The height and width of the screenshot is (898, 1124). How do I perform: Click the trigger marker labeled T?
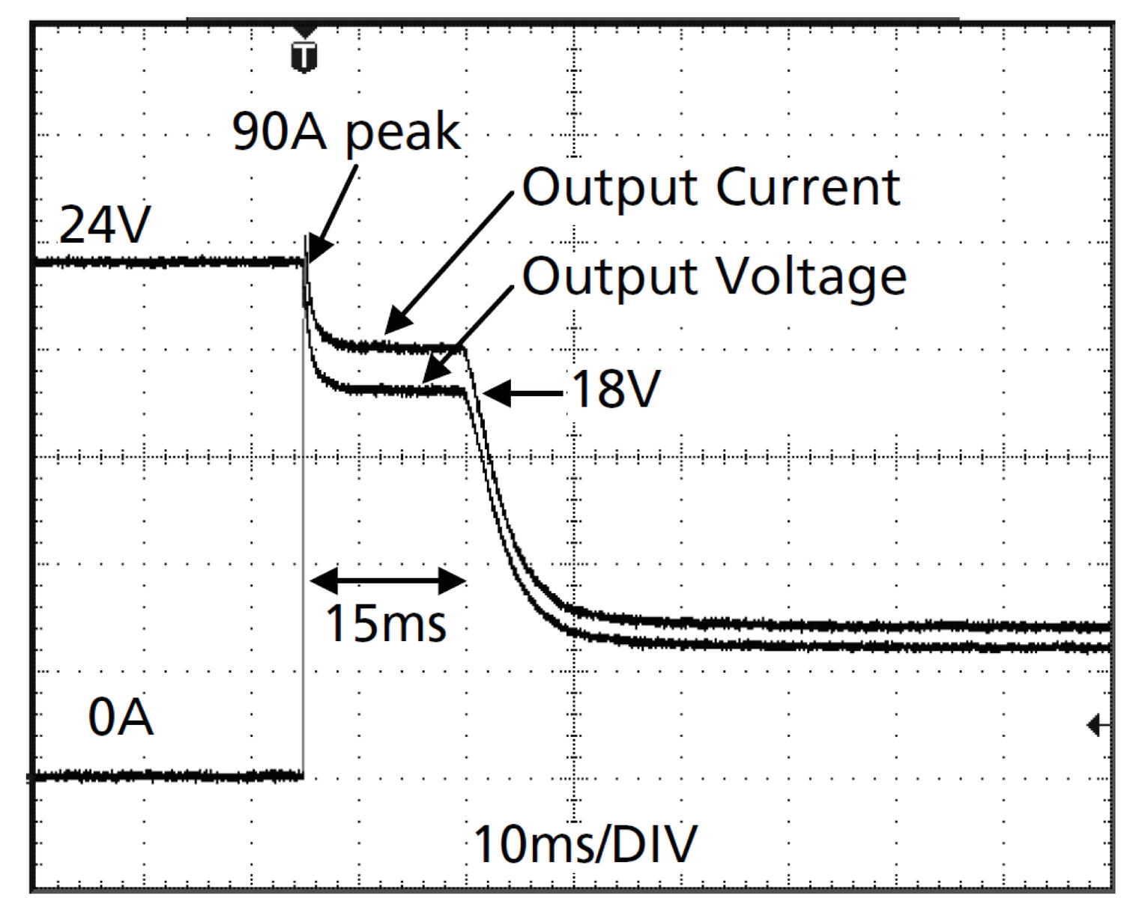point(303,57)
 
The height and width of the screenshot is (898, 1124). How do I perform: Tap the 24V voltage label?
point(104,225)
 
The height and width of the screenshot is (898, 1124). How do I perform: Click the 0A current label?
point(121,718)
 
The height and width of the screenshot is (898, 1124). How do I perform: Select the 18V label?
point(615,389)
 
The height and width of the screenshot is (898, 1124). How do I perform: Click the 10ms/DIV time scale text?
point(585,844)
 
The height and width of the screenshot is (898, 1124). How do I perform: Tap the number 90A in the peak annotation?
point(280,132)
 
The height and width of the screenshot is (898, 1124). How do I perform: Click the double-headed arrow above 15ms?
point(388,580)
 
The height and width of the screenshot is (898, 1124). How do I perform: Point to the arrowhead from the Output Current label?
point(396,324)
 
